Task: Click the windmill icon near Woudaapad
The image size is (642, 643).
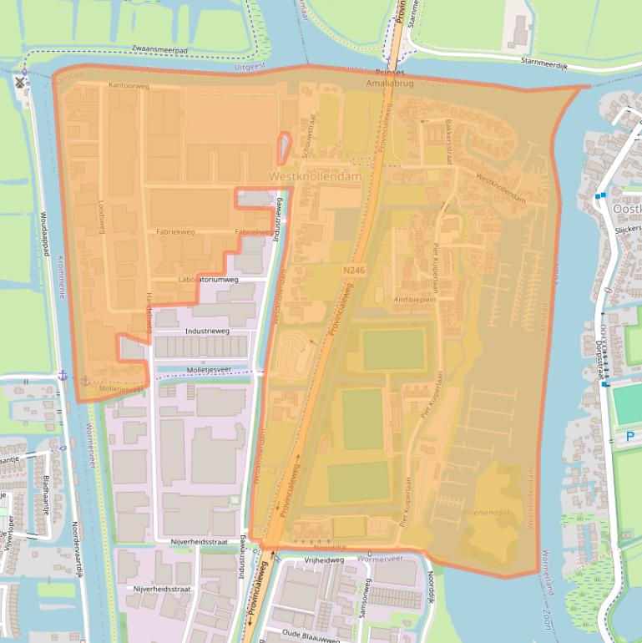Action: click(x=21, y=83)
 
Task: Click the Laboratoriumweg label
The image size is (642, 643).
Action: click(x=208, y=280)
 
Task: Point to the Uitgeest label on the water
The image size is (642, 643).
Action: click(x=248, y=65)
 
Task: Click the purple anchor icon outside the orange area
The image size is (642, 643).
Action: click(x=61, y=377)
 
